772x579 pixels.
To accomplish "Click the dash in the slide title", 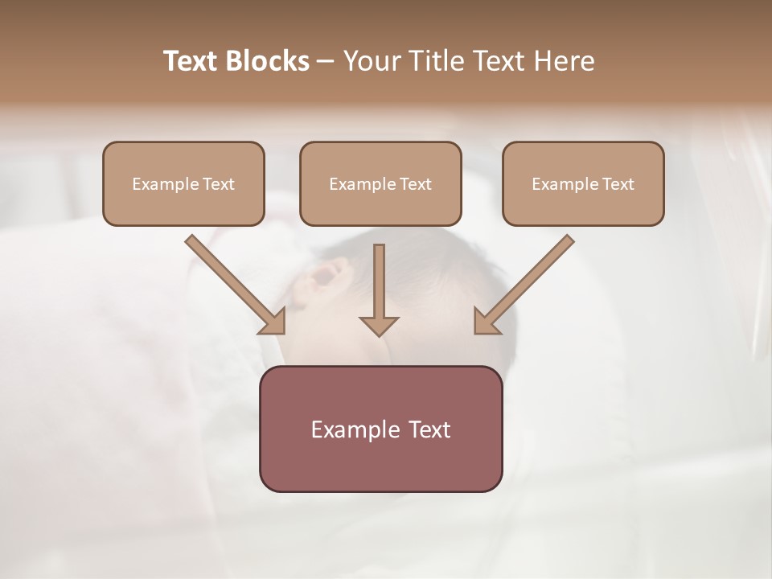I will click(x=326, y=62).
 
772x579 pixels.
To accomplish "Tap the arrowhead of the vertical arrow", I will click(x=379, y=325).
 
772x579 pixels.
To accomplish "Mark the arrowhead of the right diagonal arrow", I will click(x=485, y=322).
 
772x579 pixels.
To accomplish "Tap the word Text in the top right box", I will click(x=618, y=184).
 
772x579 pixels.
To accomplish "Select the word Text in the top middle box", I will click(x=415, y=184).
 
